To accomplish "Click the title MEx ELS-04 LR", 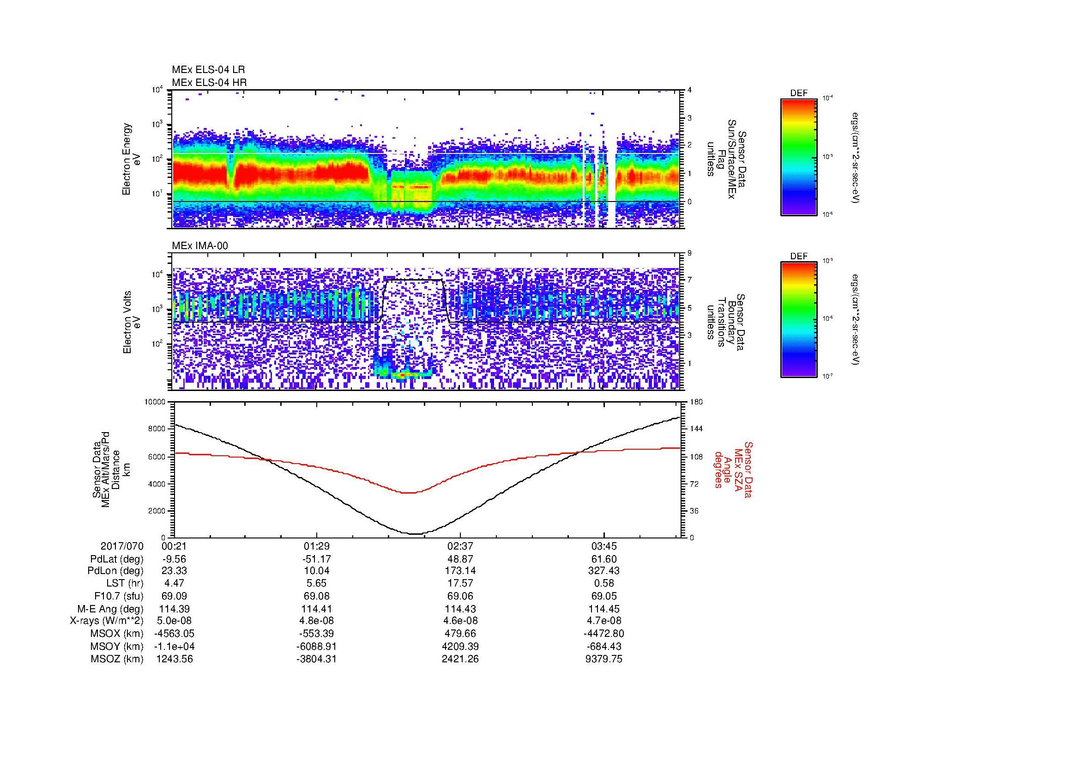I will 208,70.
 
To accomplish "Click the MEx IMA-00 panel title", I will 199,245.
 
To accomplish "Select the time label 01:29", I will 317,546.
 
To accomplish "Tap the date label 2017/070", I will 122,546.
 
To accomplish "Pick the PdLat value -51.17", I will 317,559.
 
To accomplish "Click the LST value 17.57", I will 460,583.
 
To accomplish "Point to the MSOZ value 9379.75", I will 603,659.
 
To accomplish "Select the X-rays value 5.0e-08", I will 174,621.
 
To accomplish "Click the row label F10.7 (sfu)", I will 119,596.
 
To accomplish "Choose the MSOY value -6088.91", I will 317,646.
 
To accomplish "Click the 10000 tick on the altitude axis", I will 155,402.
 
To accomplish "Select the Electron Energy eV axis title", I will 131,159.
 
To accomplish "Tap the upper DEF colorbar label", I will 798,93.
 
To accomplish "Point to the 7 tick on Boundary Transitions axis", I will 690,280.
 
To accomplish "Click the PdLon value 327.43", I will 603,570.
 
